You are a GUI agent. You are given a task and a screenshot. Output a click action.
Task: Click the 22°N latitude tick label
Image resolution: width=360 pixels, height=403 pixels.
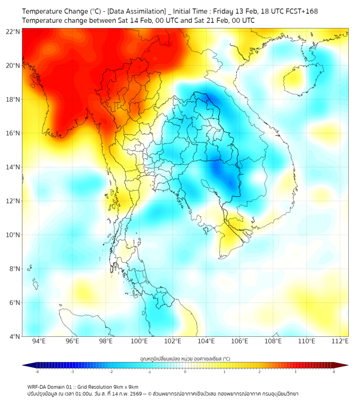point(13,32)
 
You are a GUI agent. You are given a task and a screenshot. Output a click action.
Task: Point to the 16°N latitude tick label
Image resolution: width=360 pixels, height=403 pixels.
point(13,133)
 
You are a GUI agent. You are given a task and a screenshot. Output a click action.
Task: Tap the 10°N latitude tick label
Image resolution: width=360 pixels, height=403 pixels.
point(13,235)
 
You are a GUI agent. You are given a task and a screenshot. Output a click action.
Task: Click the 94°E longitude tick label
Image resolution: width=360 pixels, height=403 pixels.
point(39,341)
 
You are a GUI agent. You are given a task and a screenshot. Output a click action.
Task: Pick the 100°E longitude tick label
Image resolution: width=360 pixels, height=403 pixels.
point(139,341)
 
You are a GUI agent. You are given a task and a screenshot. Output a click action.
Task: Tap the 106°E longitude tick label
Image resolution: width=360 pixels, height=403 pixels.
point(240,341)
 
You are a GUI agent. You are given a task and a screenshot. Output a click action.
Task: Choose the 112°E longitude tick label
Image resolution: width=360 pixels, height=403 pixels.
point(340,341)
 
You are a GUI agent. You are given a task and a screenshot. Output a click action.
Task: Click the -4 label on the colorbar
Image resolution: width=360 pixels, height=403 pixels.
point(37,372)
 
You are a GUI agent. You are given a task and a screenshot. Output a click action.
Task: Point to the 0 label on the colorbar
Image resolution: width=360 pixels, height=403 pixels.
point(185,372)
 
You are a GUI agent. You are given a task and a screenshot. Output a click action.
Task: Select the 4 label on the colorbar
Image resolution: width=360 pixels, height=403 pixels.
point(333,372)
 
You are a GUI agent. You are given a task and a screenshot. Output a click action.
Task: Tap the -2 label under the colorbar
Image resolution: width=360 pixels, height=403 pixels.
point(111,372)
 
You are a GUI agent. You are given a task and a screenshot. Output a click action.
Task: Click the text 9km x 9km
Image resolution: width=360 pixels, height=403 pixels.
point(124,386)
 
